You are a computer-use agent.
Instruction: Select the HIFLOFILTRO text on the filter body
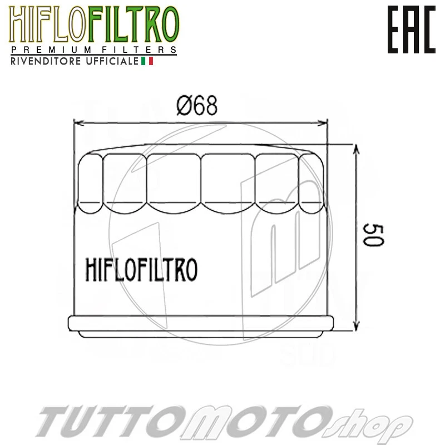(x=141, y=269)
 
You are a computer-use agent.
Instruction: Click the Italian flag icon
(x=147, y=61)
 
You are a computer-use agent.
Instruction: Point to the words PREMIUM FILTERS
(x=93, y=50)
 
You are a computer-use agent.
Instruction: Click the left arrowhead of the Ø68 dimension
(x=78, y=122)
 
